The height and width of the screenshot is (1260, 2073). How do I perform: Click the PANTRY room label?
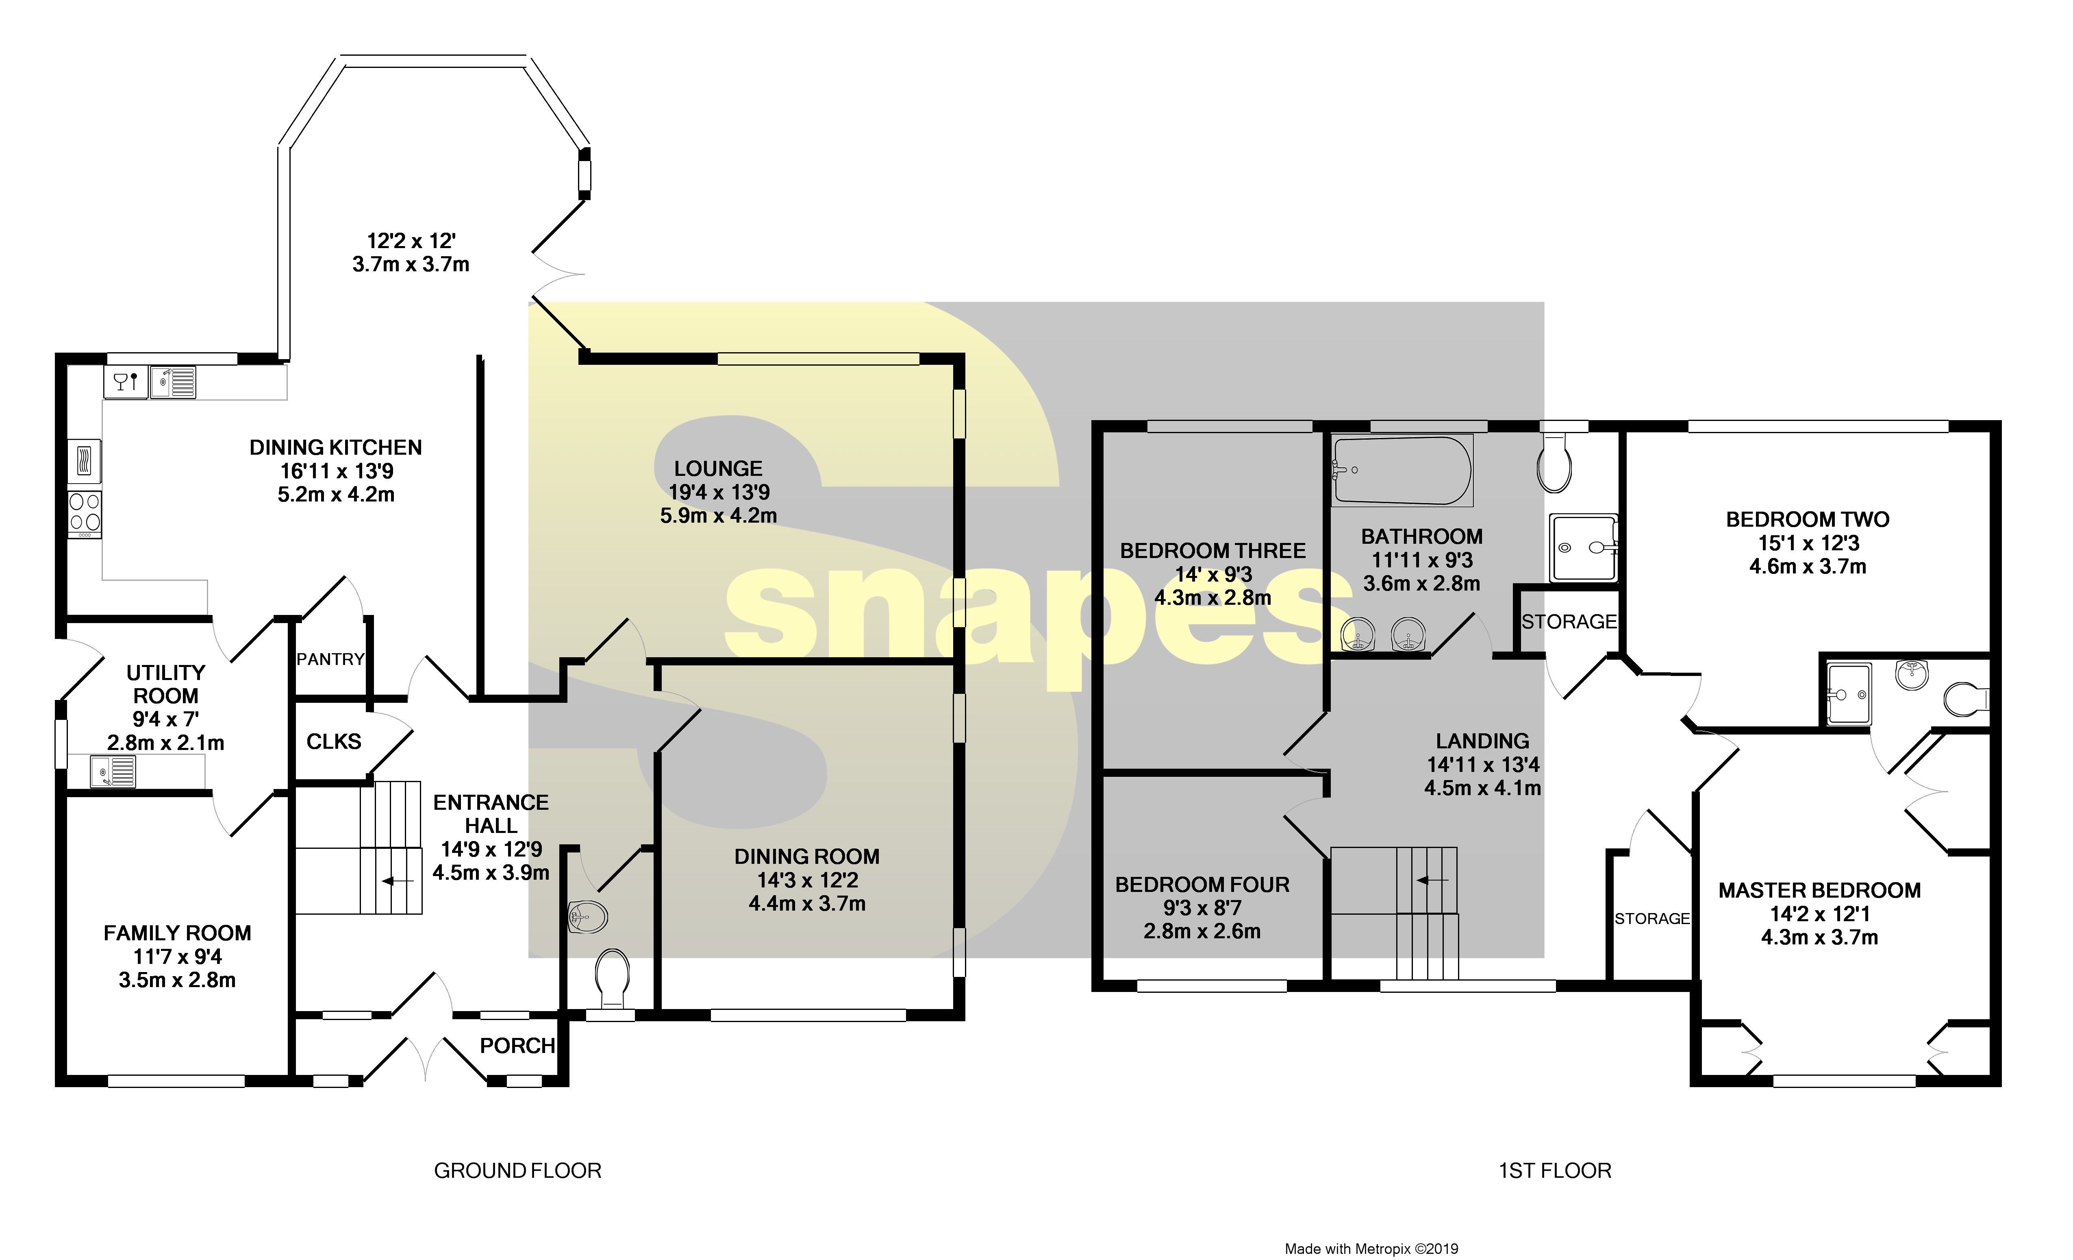tap(330, 659)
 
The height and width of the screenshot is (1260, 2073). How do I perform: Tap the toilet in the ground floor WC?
tap(612, 977)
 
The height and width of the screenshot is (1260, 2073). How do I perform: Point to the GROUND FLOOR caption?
tap(517, 1171)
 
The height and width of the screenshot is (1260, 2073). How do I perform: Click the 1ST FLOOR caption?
tap(1555, 1171)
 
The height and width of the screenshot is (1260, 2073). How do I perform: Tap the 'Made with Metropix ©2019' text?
tap(1371, 1249)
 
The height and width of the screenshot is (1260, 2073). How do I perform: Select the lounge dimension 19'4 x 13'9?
tap(719, 493)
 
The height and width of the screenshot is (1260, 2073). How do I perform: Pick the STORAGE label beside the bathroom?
tap(1569, 622)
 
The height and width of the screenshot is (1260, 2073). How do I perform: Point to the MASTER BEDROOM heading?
tap(1819, 891)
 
